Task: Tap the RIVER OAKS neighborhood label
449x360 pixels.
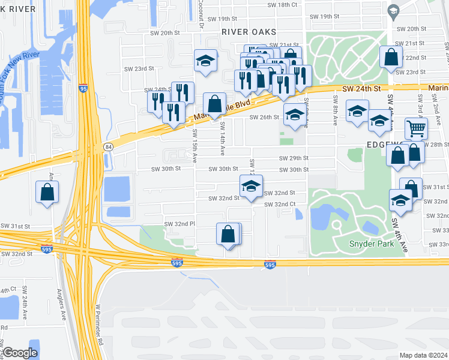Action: click(249, 32)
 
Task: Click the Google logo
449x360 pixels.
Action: click(20, 353)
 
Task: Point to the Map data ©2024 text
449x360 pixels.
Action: click(424, 355)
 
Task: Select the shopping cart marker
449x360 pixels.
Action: click(415, 128)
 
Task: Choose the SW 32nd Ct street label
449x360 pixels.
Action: click(280, 205)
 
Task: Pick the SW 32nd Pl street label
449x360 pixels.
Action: click(180, 224)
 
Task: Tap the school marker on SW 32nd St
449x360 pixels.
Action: click(251, 186)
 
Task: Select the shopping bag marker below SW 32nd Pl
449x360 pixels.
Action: click(228, 234)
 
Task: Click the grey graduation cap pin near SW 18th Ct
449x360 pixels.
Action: click(393, 11)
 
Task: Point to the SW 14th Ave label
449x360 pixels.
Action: click(222, 135)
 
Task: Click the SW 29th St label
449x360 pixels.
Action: click(294, 158)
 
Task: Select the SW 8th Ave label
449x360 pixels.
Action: click(335, 112)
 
